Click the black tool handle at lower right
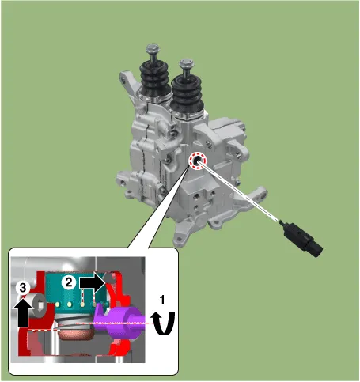tap(302, 239)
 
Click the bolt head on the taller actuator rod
tap(153, 48)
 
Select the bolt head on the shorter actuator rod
tap(186, 63)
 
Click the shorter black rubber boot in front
tap(187, 93)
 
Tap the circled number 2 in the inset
tap(69, 283)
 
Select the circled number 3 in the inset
tap(23, 288)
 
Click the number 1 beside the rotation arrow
tap(162, 300)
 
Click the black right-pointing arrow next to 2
tap(92, 283)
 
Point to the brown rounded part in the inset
tap(76, 334)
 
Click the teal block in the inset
tap(77, 293)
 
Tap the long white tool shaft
tap(238, 191)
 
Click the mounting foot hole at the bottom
tap(180, 240)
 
